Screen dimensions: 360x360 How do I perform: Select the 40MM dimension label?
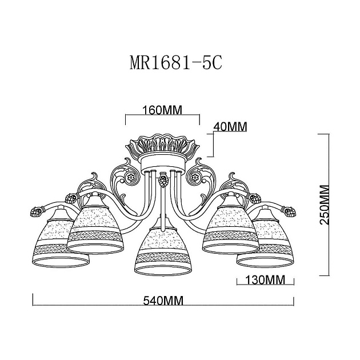point(229,127)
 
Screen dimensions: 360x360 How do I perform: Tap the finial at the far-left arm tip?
point(33,215)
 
